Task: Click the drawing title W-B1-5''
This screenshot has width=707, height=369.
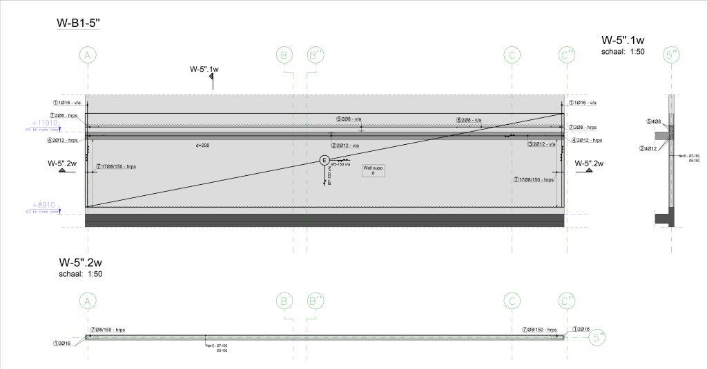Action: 79,24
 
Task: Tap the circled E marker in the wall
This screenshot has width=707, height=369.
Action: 325,161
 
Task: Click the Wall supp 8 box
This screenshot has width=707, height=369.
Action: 373,170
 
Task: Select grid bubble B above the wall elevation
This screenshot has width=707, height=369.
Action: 284,54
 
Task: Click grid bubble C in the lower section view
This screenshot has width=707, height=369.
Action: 512,301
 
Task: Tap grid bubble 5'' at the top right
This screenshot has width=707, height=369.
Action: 670,54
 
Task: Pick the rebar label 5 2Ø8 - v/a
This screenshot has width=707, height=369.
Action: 349,119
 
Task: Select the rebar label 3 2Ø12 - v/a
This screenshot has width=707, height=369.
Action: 541,145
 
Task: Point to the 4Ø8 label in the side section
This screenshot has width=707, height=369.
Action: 654,121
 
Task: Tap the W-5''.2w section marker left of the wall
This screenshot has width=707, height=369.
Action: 62,164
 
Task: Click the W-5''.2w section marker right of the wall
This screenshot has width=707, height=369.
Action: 589,164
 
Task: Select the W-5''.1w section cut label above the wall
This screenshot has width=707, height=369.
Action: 204,69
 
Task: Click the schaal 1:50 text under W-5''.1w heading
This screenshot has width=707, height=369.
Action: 623,52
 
